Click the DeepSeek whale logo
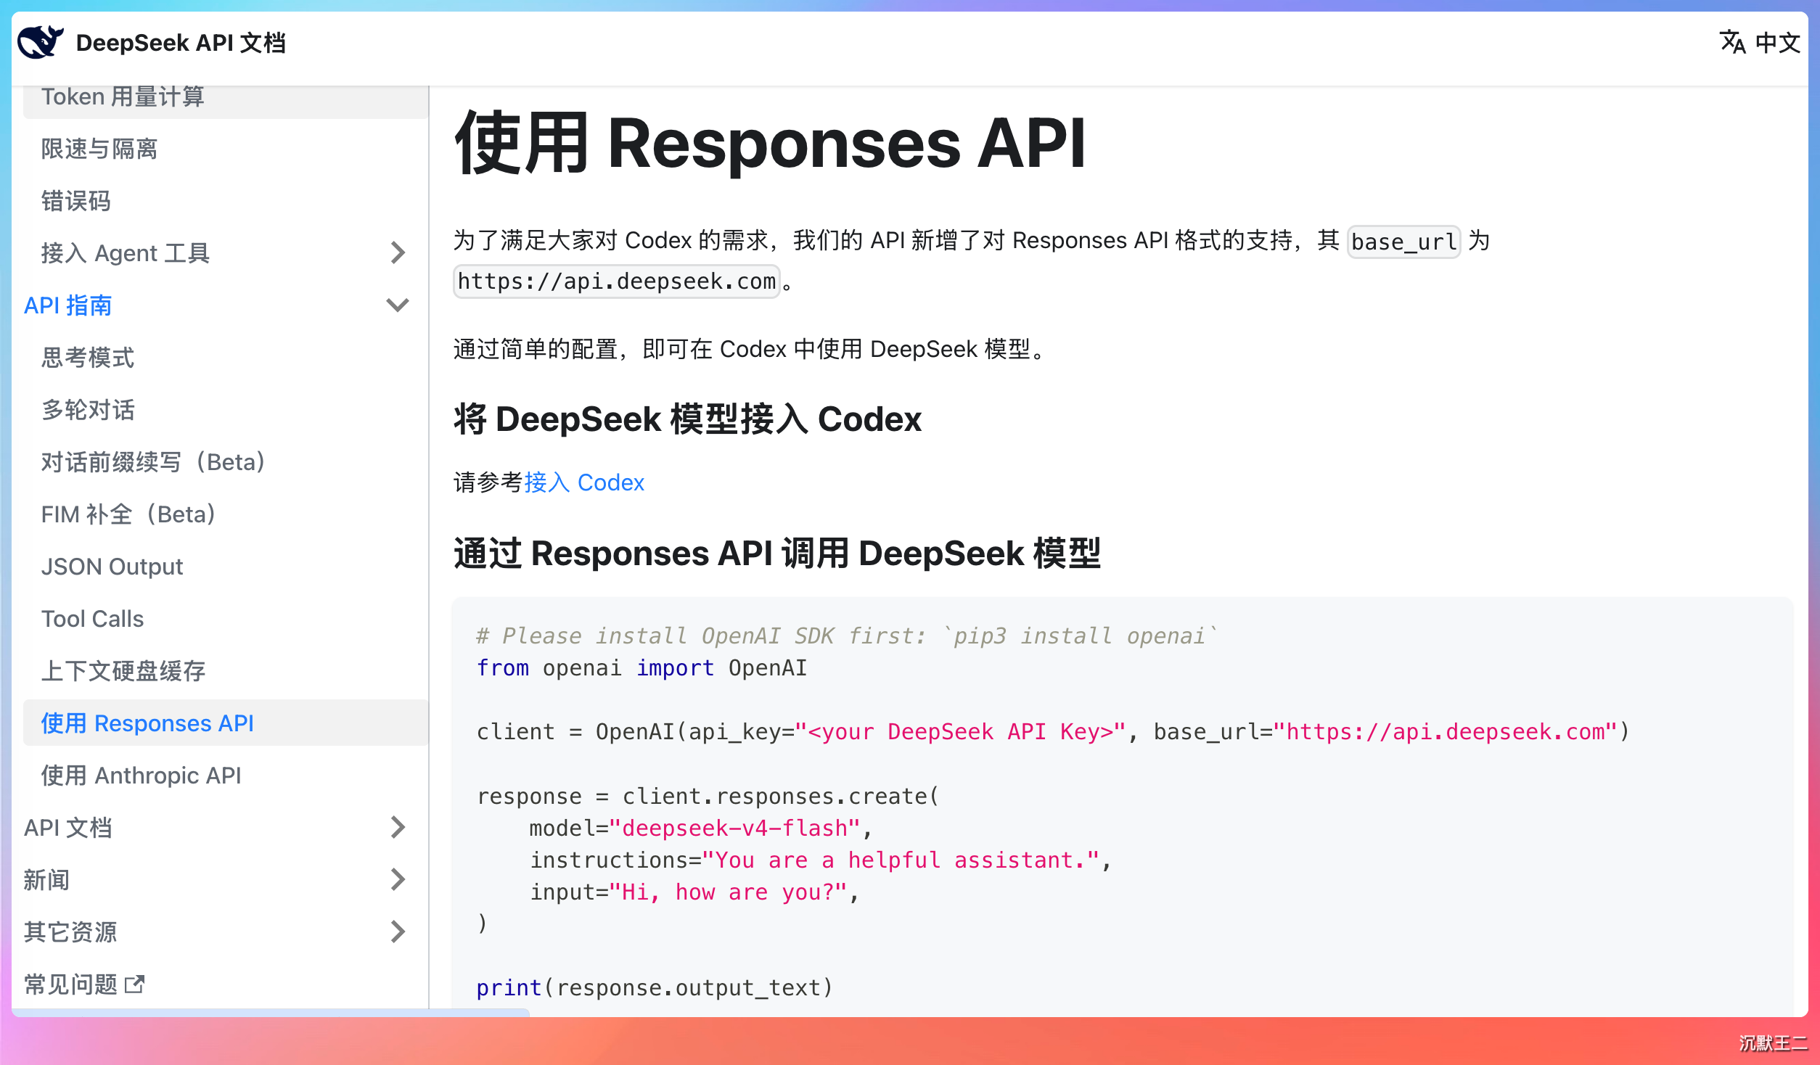(x=41, y=42)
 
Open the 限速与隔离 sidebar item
(x=99, y=149)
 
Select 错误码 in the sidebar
(x=75, y=201)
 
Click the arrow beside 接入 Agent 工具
(x=398, y=252)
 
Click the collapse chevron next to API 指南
(x=398, y=305)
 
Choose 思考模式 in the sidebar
(x=88, y=358)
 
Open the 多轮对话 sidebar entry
(x=88, y=410)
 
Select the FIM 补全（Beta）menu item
(x=129, y=514)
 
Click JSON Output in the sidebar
(x=112, y=567)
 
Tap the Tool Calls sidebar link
(x=92, y=619)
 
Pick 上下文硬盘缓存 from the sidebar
(x=123, y=671)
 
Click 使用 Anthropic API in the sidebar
(x=141, y=776)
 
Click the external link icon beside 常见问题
(x=135, y=984)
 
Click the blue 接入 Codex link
(x=584, y=482)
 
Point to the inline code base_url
(x=1403, y=242)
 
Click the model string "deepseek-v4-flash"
(x=734, y=828)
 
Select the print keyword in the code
(x=509, y=987)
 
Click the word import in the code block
(x=675, y=667)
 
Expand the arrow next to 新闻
(x=398, y=879)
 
